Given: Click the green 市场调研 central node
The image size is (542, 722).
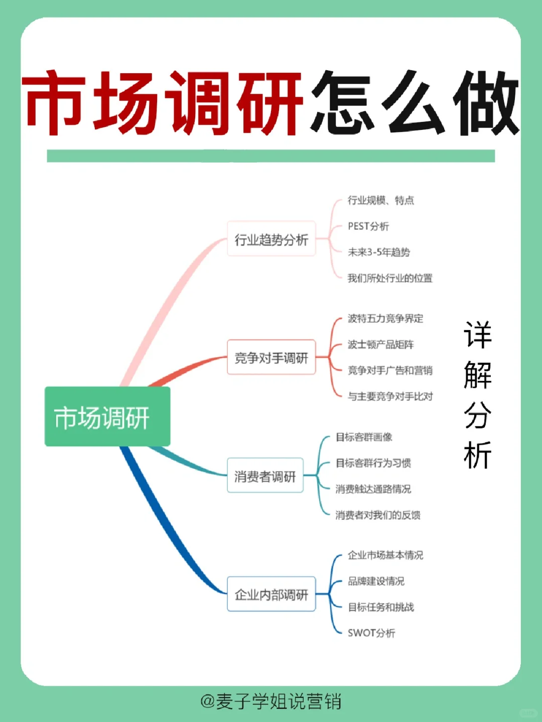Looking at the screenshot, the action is (x=107, y=416).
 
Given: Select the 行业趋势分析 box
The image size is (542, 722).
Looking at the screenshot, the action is (x=271, y=239).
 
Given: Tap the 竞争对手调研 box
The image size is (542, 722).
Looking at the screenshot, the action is (x=271, y=358).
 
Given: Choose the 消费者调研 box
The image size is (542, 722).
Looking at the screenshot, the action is (x=265, y=476).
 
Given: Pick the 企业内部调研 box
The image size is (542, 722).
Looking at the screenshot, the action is (x=271, y=595).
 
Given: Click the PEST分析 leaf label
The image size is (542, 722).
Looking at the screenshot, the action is (x=368, y=226).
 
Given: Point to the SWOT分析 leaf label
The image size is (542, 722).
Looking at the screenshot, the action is (x=371, y=633).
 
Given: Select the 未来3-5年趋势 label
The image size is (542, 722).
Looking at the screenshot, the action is (x=379, y=252).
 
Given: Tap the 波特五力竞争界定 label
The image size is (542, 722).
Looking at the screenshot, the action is (x=385, y=319).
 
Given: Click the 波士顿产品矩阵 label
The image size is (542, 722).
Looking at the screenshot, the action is (x=381, y=345).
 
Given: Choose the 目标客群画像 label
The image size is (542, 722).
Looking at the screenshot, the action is (x=364, y=437).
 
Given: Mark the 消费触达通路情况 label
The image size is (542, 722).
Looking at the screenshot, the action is (x=373, y=489).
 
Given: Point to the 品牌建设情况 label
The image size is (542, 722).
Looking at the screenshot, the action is (x=376, y=581).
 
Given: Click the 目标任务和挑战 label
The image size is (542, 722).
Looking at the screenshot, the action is (x=381, y=607).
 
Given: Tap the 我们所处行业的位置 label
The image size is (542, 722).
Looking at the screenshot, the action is (x=390, y=278).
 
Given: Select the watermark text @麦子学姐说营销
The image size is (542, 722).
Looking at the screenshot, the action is (x=271, y=701).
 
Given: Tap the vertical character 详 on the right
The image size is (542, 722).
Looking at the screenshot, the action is (x=477, y=335).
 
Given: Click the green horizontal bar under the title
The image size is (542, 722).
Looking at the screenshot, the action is (x=271, y=156).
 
